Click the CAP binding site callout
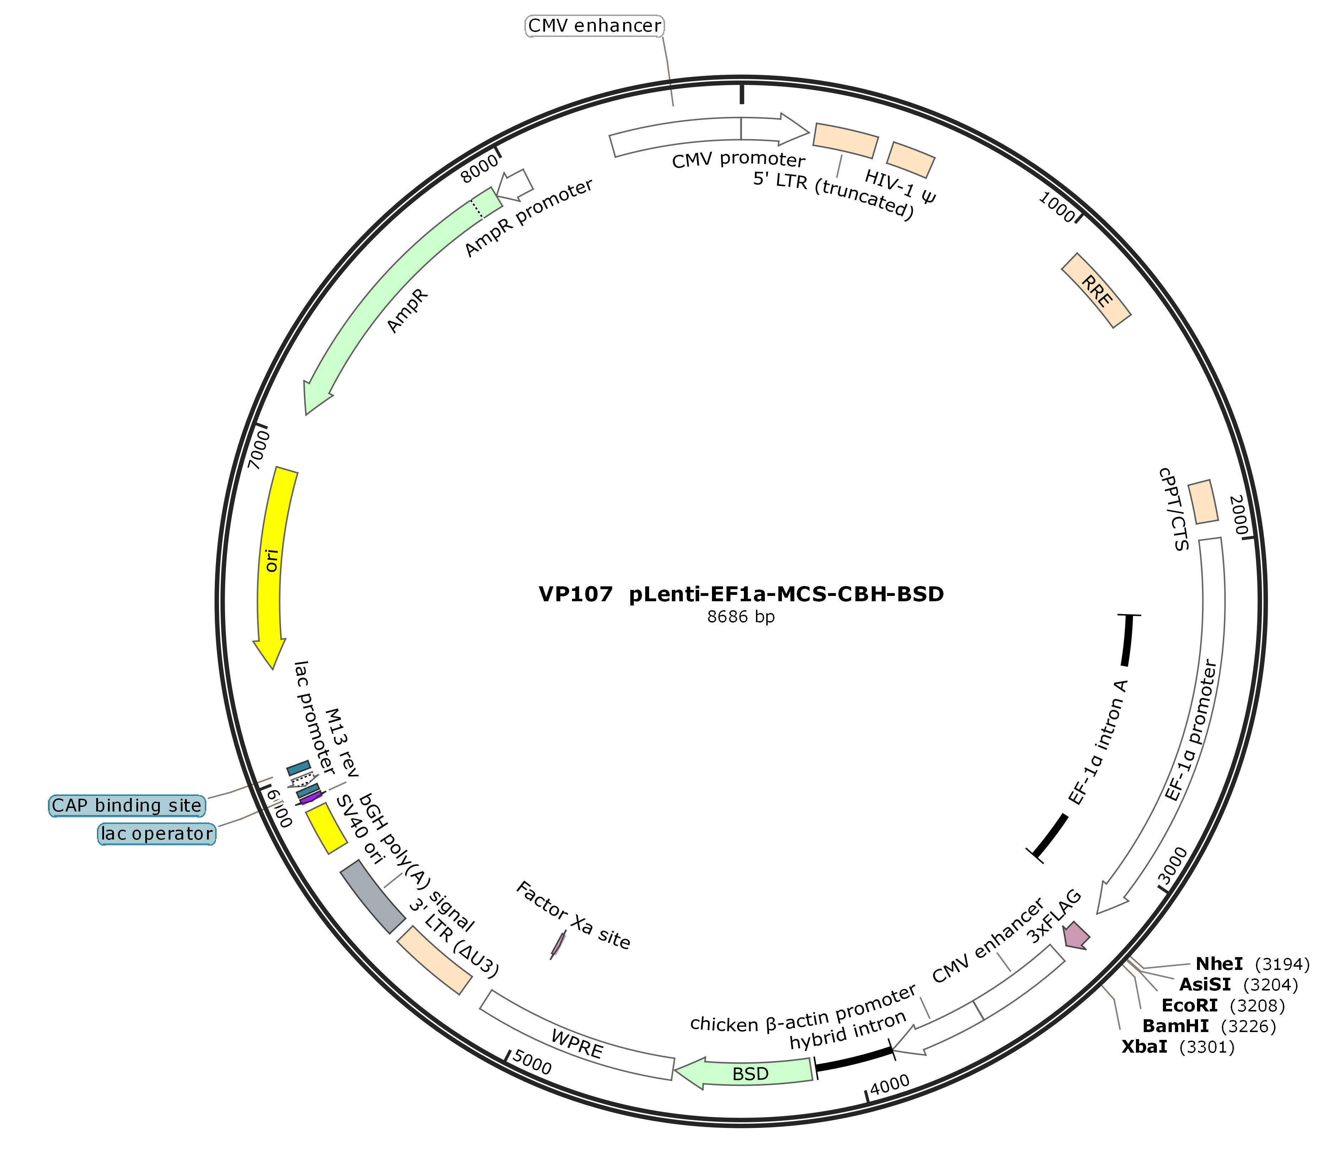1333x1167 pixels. (x=127, y=805)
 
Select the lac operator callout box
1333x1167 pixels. (x=156, y=834)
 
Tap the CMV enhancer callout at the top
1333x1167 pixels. (x=594, y=26)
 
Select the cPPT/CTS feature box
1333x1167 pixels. (x=1203, y=501)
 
